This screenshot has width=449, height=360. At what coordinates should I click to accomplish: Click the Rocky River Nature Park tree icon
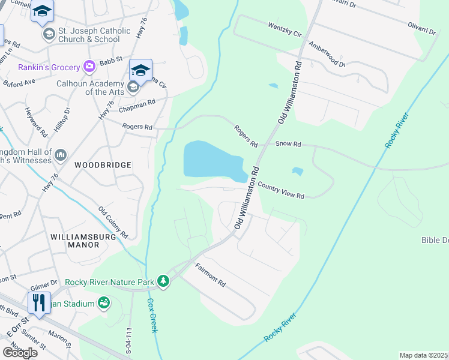point(162,281)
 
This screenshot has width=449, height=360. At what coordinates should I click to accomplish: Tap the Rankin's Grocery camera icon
point(89,66)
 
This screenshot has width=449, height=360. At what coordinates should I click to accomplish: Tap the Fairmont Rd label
point(210,274)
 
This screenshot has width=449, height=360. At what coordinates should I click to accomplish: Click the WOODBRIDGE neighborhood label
point(103,164)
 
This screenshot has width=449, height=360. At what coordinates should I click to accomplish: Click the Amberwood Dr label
point(327,55)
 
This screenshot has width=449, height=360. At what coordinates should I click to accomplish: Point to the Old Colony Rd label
point(113,221)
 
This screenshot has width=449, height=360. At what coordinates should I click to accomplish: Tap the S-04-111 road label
point(128,340)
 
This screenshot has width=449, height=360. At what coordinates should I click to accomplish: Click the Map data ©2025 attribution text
point(423,355)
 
